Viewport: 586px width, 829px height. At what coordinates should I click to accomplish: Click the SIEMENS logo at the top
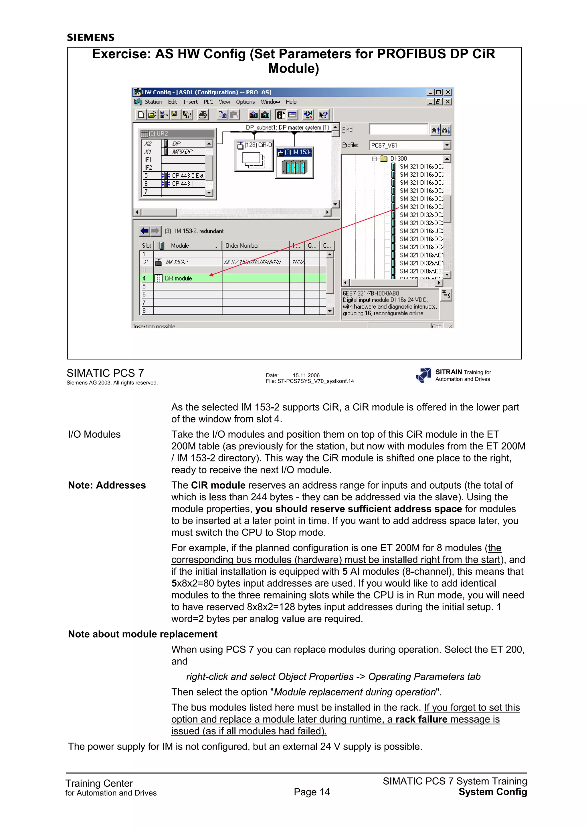pos(91,37)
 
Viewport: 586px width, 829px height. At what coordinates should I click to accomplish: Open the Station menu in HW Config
pos(153,102)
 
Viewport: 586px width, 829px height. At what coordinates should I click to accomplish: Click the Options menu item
pos(245,102)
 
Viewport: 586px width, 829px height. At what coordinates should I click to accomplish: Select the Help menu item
pos(291,102)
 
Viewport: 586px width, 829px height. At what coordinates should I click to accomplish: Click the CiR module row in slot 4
pos(178,278)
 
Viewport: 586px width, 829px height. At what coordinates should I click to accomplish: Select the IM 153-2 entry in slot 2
pos(177,262)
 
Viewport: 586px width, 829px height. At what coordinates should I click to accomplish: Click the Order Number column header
pos(242,245)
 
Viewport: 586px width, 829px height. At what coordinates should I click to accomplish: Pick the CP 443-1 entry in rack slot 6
pos(183,184)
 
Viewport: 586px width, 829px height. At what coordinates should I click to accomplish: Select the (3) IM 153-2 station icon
pos(294,163)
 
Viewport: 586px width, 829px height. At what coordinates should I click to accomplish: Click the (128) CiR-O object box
pos(254,156)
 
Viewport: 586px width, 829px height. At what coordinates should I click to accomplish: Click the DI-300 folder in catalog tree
pos(398,158)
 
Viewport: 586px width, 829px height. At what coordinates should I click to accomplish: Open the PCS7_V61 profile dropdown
pos(447,145)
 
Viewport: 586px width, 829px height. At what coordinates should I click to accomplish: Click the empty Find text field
pos(399,129)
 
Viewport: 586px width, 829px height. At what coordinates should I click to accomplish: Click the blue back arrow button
pos(145,231)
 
